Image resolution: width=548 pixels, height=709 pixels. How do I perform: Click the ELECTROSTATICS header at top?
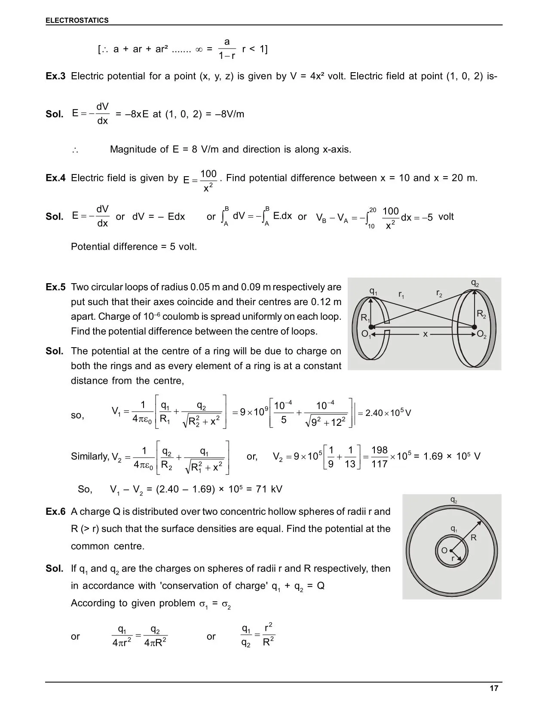point(77,20)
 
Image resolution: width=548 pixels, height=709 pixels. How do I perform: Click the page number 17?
point(494,688)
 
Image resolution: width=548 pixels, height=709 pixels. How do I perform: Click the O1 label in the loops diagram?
point(366,335)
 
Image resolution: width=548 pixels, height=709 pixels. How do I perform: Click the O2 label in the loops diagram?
point(482,335)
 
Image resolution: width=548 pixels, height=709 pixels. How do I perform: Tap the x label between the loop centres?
point(425,334)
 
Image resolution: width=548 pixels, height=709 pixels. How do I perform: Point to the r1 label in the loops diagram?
point(401,295)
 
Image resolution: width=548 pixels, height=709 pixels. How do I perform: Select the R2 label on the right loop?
point(481,315)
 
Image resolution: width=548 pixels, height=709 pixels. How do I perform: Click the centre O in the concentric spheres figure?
point(444,550)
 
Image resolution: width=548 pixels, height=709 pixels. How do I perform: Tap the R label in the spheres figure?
point(474,538)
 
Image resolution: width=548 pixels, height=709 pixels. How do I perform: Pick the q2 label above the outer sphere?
point(453,500)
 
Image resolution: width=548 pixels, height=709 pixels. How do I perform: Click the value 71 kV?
point(269,489)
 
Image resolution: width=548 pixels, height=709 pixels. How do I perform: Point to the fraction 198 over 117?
point(379,457)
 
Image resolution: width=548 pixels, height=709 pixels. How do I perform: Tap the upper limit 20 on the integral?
point(373,210)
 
